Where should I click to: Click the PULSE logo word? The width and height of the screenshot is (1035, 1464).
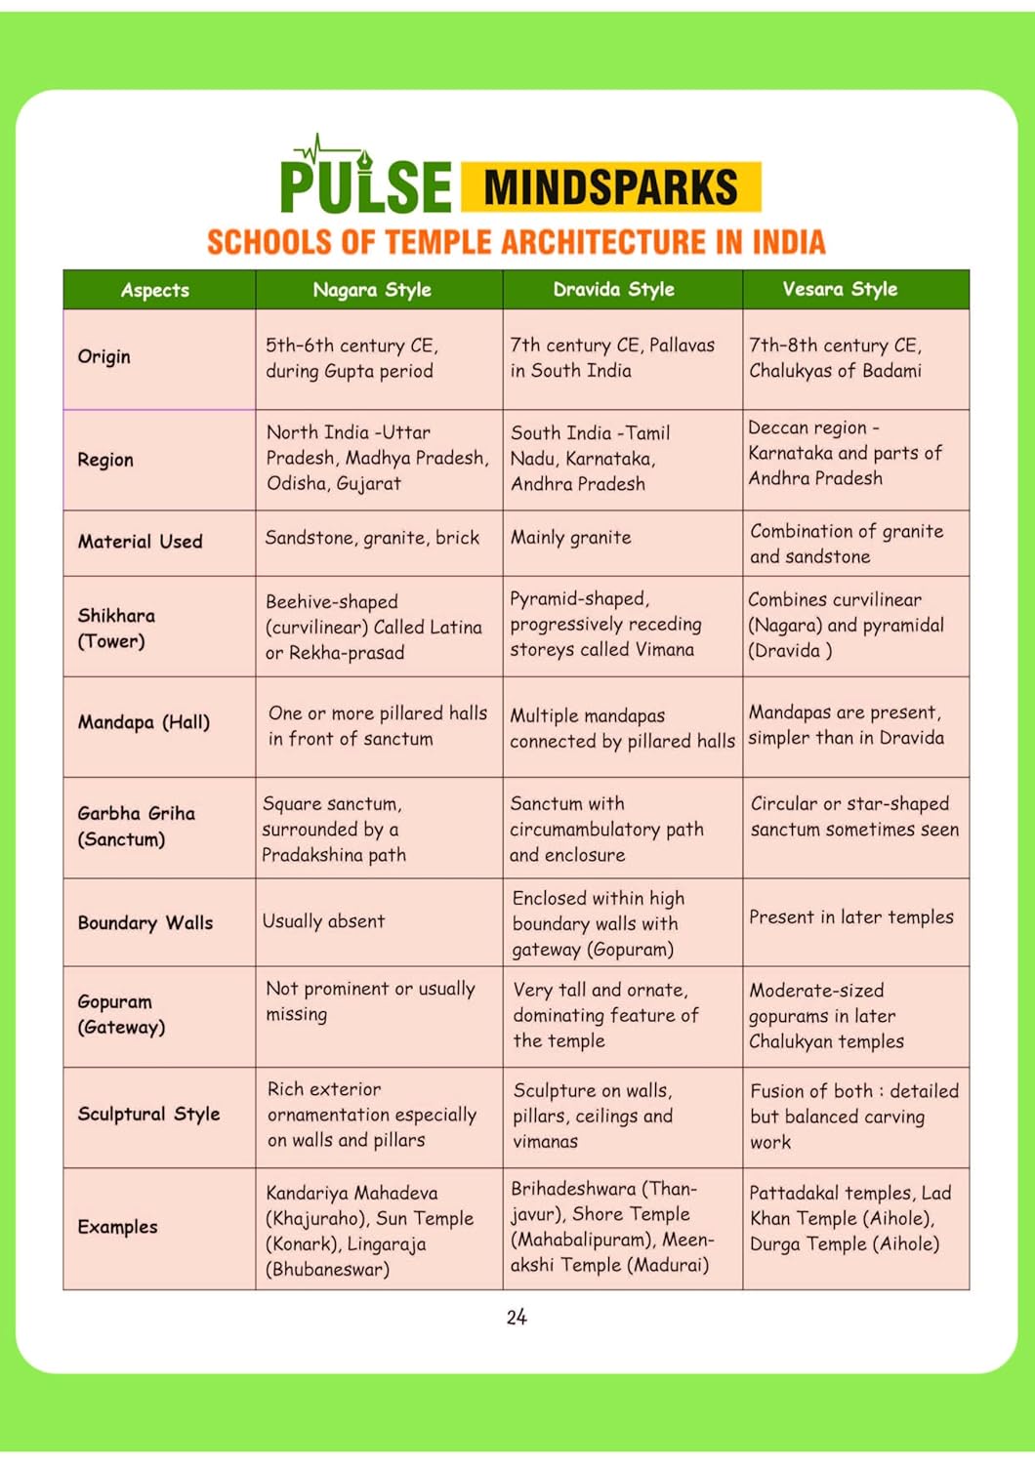pos(366,185)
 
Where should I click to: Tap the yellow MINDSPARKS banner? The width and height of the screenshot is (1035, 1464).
pos(610,187)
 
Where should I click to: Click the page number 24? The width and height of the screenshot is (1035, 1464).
pos(517,1318)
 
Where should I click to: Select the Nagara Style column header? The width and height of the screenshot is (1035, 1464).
pos(372,290)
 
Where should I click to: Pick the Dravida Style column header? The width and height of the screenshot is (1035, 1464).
pos(613,290)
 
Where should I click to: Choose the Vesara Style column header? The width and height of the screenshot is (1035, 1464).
pos(840,290)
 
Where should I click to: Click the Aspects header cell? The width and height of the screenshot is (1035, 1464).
pos(155,290)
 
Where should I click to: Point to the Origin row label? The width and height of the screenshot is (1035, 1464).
pos(103,356)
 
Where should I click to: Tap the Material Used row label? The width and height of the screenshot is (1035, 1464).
pos(141,542)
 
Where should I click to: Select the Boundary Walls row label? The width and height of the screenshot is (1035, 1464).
pos(145,922)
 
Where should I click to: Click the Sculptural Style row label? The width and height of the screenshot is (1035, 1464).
pos(148,1114)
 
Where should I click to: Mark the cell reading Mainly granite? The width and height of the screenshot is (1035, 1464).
pos(571,538)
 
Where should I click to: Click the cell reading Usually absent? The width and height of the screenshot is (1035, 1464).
pos(324,921)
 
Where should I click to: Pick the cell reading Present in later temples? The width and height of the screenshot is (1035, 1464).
pos(851,917)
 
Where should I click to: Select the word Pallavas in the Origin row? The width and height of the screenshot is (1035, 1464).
pos(682,346)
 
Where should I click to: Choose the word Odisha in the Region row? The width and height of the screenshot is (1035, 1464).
pos(299,484)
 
